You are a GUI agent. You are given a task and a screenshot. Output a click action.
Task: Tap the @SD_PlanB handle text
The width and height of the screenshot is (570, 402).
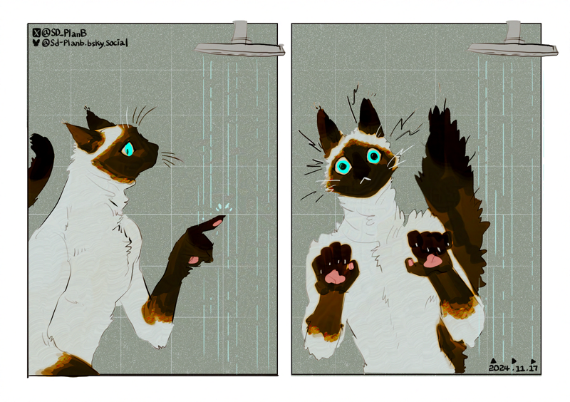[64, 33]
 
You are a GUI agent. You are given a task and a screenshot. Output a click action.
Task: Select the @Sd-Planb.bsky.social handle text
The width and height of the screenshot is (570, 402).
[85, 43]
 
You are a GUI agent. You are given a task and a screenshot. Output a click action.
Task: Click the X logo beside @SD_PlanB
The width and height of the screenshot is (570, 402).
[36, 33]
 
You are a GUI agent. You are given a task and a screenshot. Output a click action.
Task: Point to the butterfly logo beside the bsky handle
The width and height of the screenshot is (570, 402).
[36, 43]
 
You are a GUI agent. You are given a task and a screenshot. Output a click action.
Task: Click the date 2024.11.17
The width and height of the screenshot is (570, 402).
[513, 368]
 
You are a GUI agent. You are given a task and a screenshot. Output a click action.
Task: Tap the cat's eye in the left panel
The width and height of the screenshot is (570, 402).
[128, 149]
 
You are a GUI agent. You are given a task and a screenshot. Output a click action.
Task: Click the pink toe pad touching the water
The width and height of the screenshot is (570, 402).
[218, 222]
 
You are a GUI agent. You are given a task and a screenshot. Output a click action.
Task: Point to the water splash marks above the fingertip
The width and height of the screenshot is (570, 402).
[224, 207]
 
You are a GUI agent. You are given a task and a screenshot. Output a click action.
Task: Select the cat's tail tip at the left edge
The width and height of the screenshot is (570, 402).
[39, 143]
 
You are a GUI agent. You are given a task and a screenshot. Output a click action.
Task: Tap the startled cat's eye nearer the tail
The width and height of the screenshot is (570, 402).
[373, 156]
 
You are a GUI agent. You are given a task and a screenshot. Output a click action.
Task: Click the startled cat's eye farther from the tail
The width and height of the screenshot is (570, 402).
[343, 165]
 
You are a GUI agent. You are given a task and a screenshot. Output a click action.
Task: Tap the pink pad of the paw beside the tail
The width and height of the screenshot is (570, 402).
[431, 261]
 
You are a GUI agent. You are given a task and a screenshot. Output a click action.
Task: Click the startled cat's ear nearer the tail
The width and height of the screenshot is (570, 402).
[370, 117]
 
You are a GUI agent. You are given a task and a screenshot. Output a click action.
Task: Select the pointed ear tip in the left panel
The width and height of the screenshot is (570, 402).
[66, 125]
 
